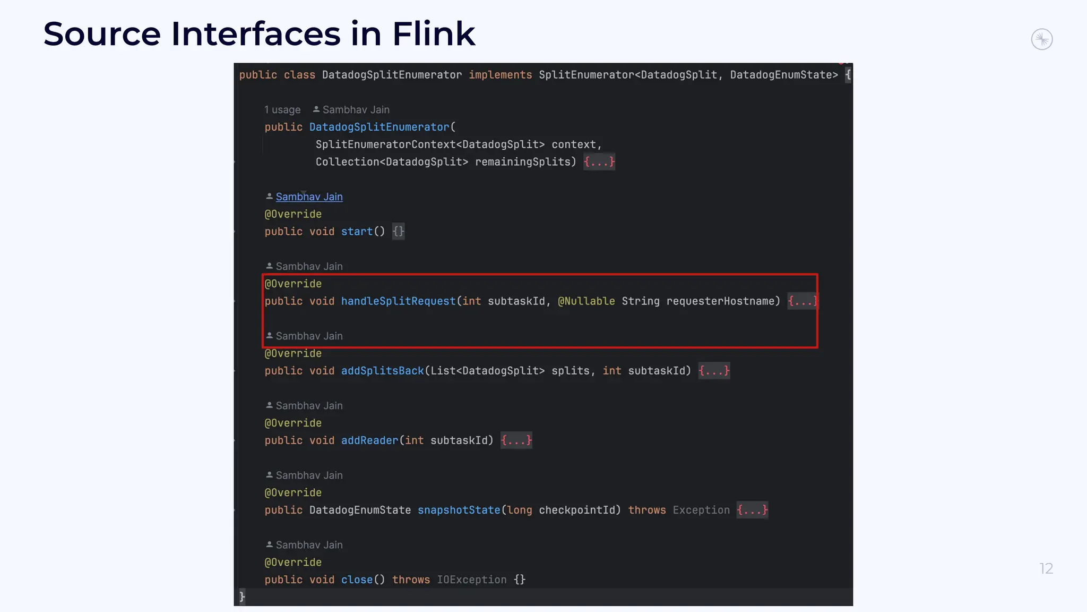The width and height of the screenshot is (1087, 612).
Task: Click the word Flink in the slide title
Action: [x=434, y=34]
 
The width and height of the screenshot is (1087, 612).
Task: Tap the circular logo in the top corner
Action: [x=1041, y=39]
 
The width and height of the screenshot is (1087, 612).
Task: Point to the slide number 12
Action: [x=1046, y=568]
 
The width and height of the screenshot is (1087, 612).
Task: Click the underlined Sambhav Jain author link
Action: [x=309, y=197]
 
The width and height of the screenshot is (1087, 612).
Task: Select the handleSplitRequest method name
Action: [x=398, y=301]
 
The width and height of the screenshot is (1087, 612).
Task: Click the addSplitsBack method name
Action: [x=382, y=371]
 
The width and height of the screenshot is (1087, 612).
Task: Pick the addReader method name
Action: [x=369, y=440]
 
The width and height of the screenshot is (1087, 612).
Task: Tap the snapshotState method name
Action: [x=459, y=510]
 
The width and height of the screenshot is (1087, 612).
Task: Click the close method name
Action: [x=357, y=580]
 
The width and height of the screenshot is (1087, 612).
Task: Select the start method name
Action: [x=357, y=232]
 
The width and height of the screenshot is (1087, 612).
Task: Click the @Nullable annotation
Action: [x=586, y=301]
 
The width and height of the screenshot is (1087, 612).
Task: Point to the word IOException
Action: [x=471, y=580]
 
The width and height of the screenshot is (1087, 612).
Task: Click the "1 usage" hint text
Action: [x=282, y=110]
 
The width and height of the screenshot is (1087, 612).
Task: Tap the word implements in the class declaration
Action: [x=500, y=75]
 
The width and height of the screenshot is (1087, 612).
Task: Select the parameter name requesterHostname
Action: [x=723, y=301]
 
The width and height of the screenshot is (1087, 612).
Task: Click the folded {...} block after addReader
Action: [x=516, y=440]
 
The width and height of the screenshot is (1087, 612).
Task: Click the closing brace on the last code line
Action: [x=242, y=597]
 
